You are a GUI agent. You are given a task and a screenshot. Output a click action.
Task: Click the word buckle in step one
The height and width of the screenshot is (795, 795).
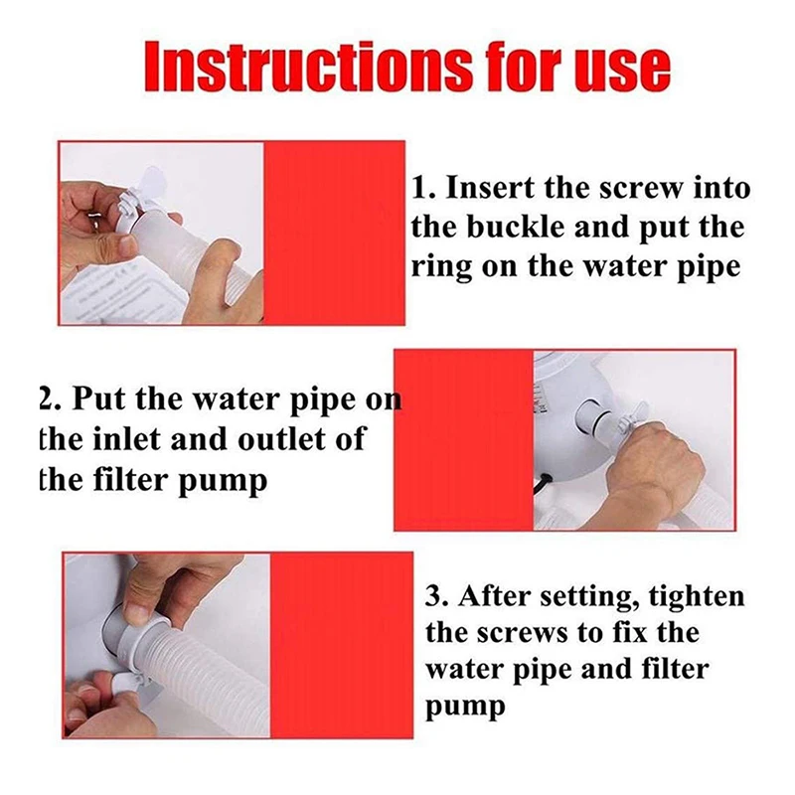(x=514, y=227)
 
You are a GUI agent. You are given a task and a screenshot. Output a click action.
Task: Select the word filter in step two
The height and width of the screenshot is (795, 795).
(x=132, y=480)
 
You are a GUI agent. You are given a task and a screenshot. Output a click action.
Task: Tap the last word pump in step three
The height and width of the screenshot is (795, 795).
(x=465, y=708)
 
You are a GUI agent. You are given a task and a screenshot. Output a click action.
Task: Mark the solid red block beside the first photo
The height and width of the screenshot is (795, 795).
(x=335, y=234)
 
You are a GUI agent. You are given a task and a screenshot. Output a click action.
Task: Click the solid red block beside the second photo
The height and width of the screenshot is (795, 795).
(x=464, y=440)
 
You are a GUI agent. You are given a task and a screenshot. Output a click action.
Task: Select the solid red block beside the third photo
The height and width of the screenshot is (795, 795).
(x=341, y=645)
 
